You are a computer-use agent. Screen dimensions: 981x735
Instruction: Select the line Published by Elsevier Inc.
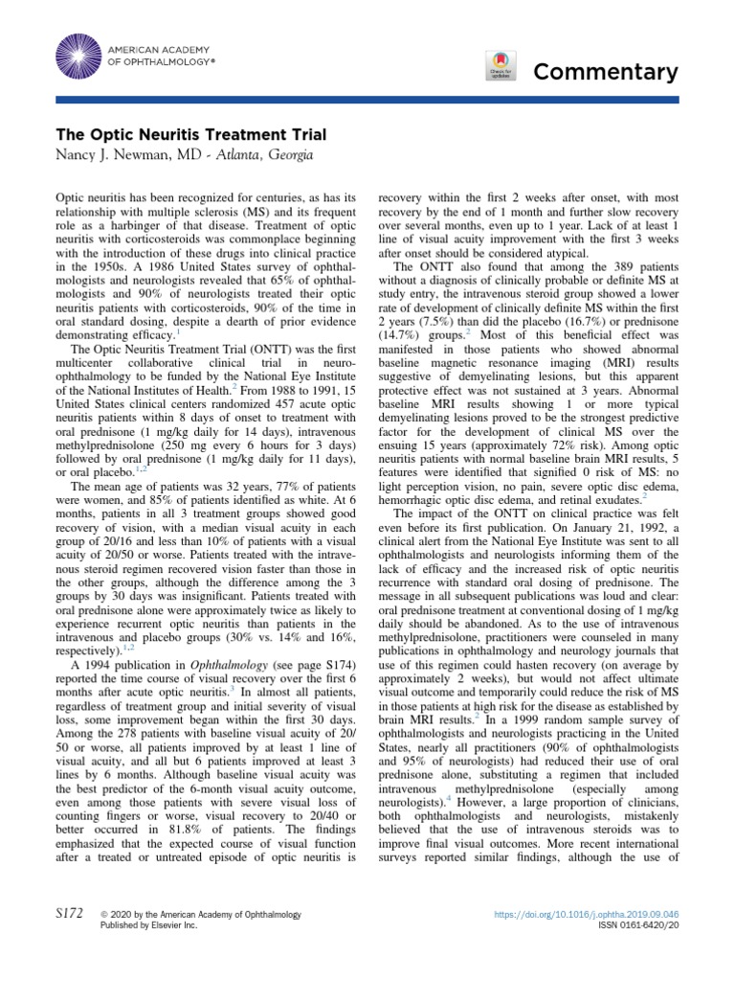148,927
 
